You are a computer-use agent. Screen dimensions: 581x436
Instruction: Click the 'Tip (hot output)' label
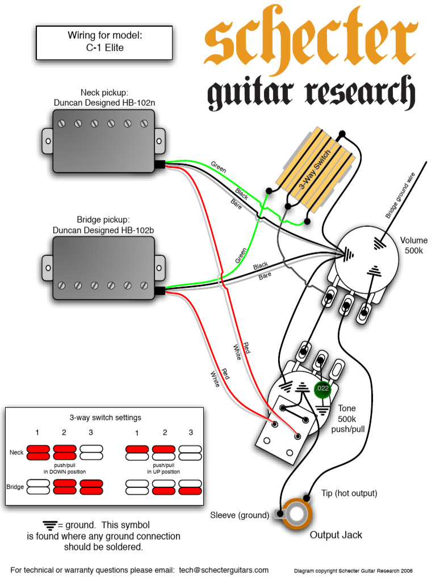tap(349, 493)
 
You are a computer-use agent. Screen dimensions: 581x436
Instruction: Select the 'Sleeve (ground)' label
tap(240, 515)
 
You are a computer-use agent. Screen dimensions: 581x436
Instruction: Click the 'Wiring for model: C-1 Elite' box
tap(104, 42)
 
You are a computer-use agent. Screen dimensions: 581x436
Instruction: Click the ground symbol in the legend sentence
tap(49, 524)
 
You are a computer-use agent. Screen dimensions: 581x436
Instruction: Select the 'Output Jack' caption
tap(336, 535)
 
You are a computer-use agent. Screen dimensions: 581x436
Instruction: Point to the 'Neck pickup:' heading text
tap(104, 92)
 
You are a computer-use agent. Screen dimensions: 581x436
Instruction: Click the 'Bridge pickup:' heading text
tap(104, 220)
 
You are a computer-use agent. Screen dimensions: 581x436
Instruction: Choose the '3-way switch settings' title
tap(106, 417)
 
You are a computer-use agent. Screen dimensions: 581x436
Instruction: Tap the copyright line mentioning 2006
tap(353, 571)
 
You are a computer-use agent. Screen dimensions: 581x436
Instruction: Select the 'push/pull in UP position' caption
tap(163, 469)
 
